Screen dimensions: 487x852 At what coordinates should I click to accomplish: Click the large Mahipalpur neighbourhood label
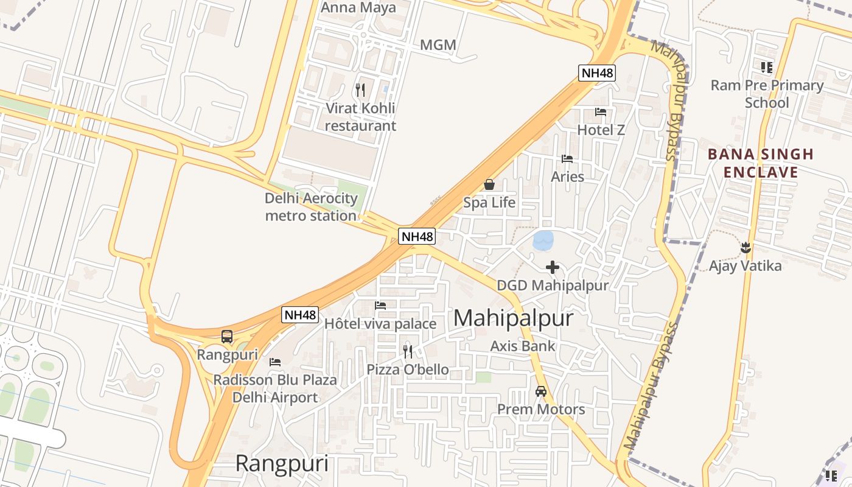(513, 318)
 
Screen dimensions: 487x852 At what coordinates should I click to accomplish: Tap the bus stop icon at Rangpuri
(227, 337)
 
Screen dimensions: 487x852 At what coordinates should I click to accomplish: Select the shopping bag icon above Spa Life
(489, 184)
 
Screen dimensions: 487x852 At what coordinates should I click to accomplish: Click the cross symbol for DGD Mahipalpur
(553, 267)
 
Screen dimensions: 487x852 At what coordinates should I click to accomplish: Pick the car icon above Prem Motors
(541, 391)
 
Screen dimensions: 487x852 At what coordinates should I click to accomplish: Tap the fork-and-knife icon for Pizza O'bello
(408, 351)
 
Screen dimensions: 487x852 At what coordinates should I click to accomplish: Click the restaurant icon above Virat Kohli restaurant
(360, 90)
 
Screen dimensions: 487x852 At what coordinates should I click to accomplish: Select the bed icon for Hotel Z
(601, 112)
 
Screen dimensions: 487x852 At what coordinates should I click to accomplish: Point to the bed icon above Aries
(567, 159)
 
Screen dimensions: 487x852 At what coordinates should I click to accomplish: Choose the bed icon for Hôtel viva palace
(380, 306)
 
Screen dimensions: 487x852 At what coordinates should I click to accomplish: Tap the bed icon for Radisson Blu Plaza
(275, 362)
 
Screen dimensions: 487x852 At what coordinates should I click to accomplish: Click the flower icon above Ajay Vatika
(745, 248)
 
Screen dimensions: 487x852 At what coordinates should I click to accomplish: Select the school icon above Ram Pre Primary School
(767, 68)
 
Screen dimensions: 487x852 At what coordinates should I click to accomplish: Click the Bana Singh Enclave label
(761, 163)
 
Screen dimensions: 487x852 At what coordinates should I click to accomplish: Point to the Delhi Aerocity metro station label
(311, 207)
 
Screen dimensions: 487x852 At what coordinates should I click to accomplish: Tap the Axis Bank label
(523, 346)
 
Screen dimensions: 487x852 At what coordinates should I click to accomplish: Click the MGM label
(438, 45)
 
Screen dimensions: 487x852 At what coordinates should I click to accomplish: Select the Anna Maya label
(358, 8)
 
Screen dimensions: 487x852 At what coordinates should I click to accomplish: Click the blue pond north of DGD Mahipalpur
(543, 240)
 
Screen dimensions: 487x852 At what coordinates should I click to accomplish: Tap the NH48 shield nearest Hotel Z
(597, 74)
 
